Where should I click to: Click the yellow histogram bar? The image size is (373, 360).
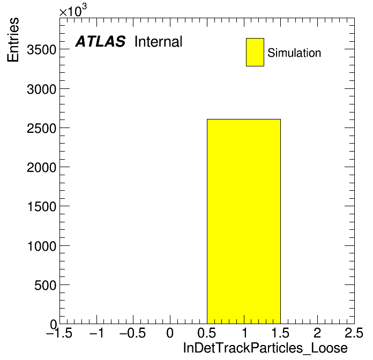point(244,221)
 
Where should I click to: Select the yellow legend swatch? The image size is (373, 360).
point(255,52)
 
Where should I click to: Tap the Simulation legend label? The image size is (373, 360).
point(294,53)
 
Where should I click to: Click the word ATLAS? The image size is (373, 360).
point(100,41)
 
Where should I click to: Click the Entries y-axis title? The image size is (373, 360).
point(13,40)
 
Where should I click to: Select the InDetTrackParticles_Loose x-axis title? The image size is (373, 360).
point(265,348)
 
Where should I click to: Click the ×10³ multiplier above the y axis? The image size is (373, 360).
point(73,11)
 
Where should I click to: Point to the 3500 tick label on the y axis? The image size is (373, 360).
point(41,50)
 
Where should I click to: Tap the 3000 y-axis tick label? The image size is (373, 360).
point(41,89)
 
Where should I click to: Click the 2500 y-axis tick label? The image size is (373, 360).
point(41,129)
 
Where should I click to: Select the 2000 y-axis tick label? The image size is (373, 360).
point(41,168)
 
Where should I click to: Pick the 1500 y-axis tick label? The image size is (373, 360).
point(42,207)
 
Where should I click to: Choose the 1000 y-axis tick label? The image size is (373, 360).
point(42,246)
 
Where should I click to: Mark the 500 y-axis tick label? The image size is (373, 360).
point(45,285)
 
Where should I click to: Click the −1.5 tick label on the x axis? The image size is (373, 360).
point(59,333)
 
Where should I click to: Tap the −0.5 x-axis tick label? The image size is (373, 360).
point(132,333)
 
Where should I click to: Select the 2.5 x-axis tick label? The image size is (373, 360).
point(354,333)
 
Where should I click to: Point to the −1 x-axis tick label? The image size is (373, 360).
point(96,333)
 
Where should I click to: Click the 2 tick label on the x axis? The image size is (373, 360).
point(317,333)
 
